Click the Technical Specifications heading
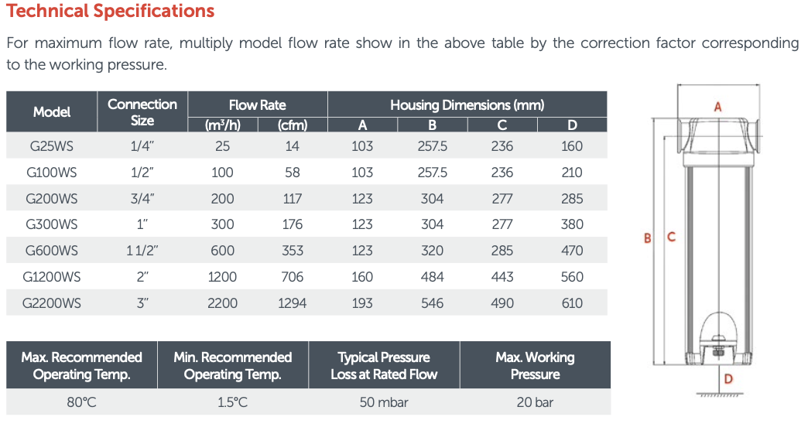tap(110, 11)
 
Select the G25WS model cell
tap(52, 146)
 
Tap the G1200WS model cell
tap(52, 277)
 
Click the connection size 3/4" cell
tap(142, 199)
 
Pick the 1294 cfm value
tap(293, 303)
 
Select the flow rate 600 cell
tap(223, 251)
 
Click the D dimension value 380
tap(572, 224)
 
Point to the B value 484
tap(433, 277)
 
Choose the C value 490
tap(502, 303)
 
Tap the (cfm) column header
tap(293, 125)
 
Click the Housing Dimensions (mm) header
tap(467, 105)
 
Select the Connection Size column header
tap(142, 111)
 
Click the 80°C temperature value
tap(81, 402)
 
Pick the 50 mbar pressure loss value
tap(384, 402)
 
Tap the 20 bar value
tap(535, 402)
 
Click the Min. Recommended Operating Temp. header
tap(233, 366)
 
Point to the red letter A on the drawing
tap(717, 107)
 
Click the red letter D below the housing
tap(728, 379)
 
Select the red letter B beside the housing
tap(648, 238)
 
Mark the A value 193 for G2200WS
tap(362, 303)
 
